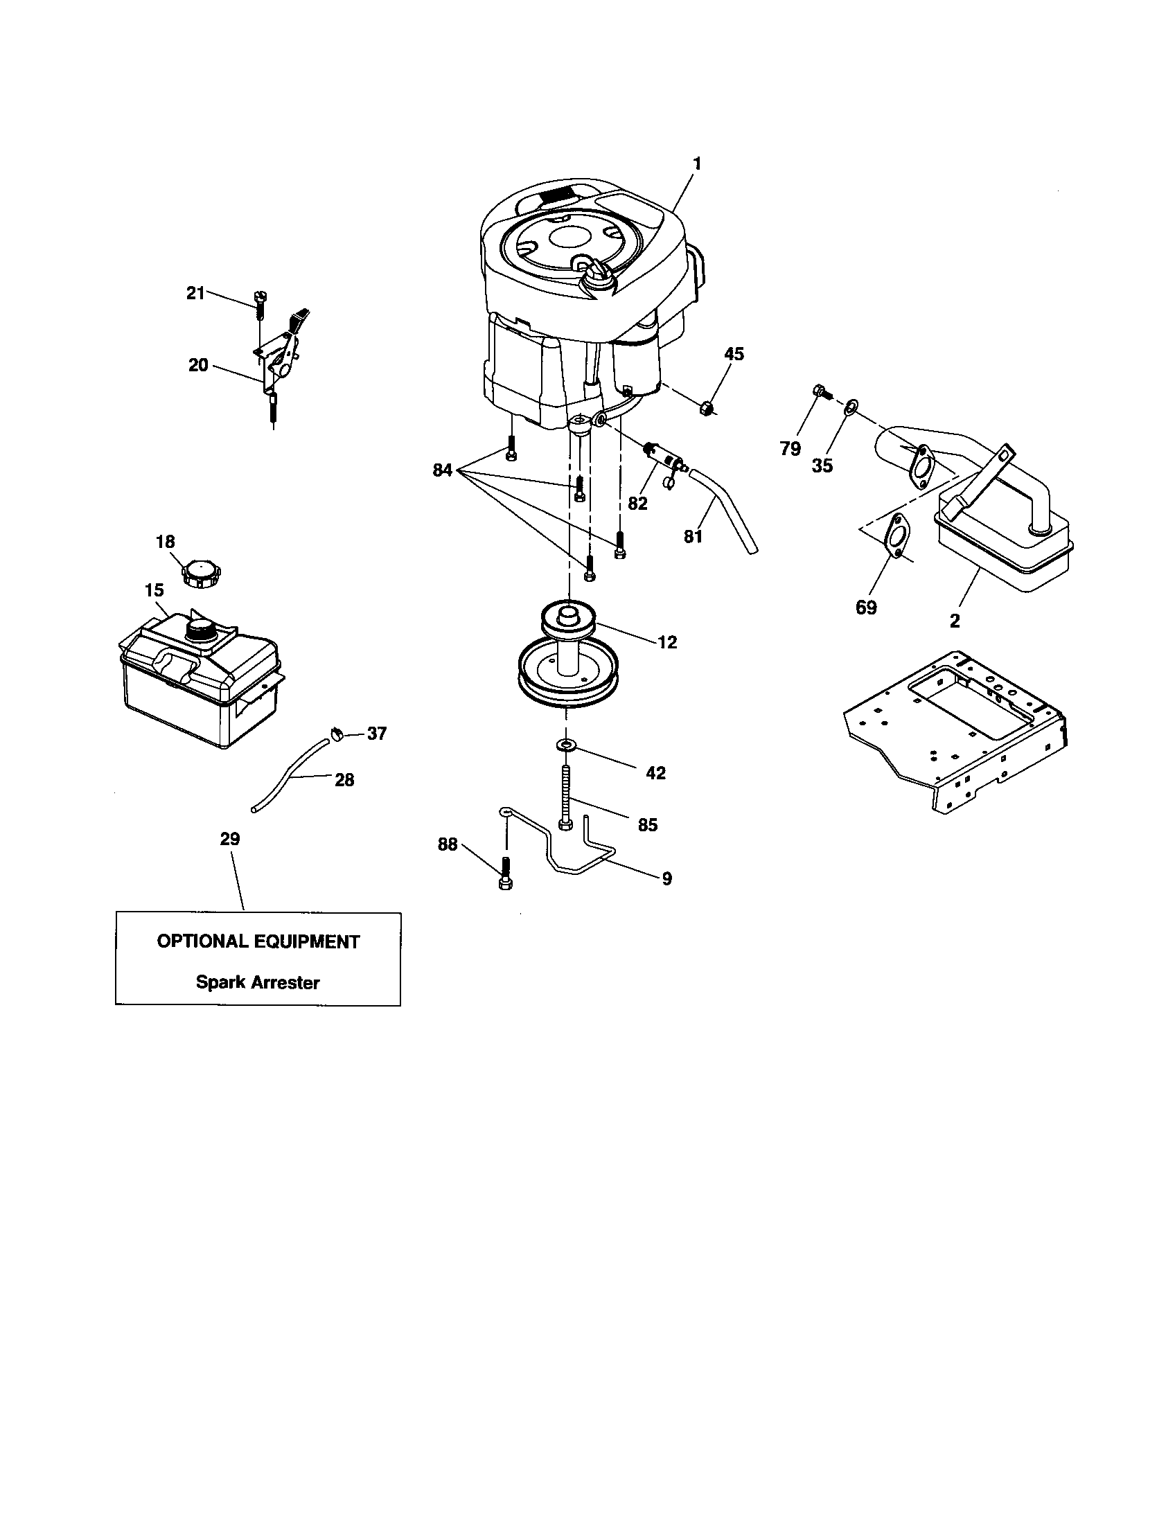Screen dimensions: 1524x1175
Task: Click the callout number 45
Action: (733, 354)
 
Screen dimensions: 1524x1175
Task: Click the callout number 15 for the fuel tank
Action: (154, 590)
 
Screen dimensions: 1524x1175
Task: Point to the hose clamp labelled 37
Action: (337, 734)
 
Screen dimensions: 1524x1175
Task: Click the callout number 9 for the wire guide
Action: (666, 878)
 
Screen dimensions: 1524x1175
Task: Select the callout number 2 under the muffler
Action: (955, 621)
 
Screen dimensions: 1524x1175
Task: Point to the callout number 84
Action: (443, 470)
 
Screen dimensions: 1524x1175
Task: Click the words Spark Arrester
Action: (258, 982)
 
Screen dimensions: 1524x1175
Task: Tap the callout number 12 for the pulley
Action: (667, 642)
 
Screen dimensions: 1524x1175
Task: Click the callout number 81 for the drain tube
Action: (693, 536)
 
